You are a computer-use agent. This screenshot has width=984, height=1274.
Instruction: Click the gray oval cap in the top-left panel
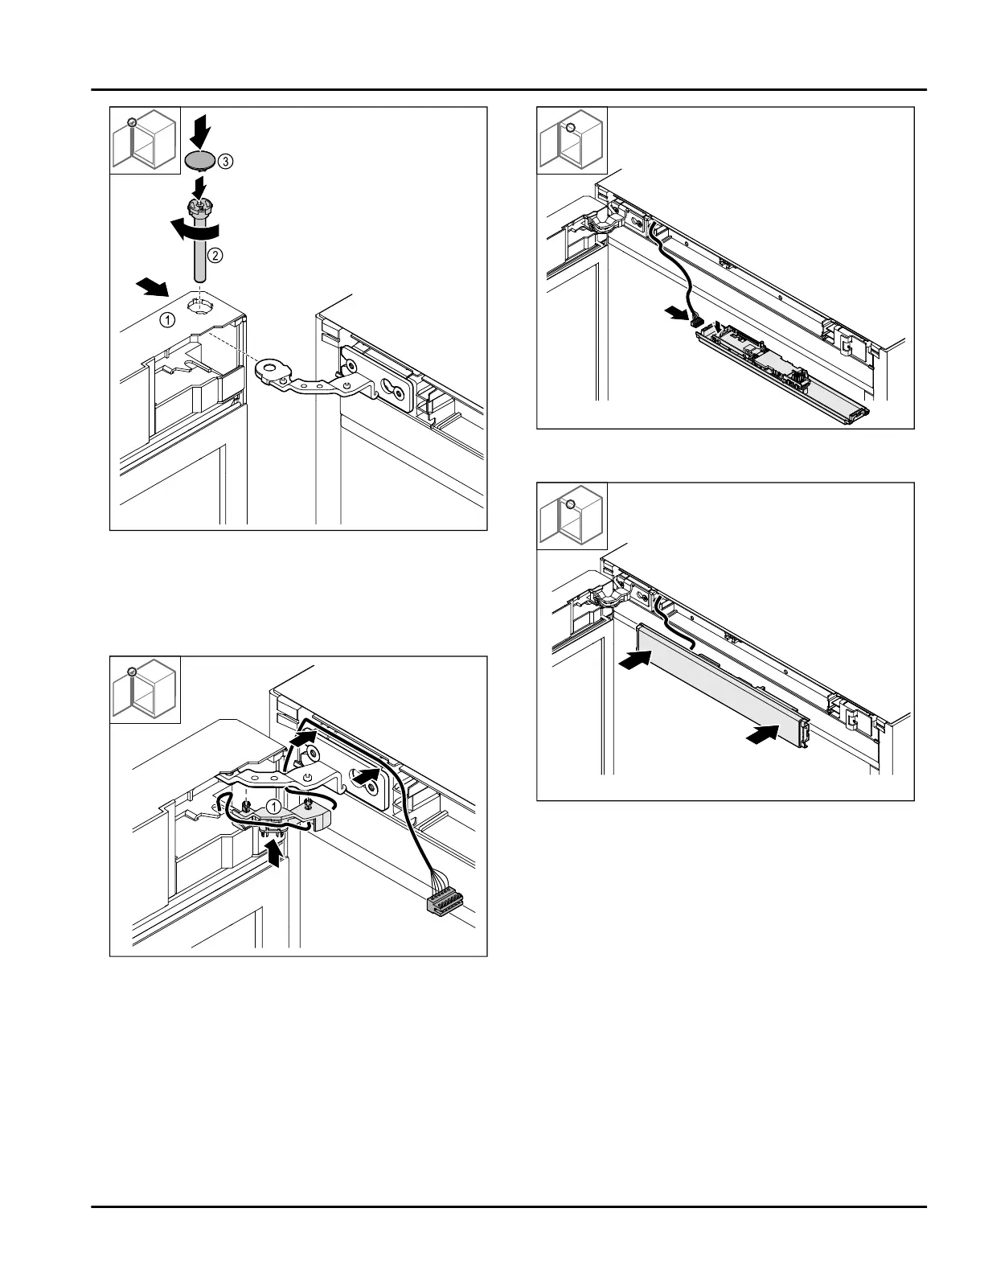(x=200, y=161)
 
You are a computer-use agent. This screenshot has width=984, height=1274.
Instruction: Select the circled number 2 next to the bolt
(x=215, y=256)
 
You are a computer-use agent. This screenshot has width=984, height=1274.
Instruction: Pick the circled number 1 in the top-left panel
(x=166, y=319)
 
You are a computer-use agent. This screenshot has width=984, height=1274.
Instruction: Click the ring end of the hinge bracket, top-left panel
(x=269, y=370)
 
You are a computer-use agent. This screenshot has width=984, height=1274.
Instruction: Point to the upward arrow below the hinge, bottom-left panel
(x=275, y=852)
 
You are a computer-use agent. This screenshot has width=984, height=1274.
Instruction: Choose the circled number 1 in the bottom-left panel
(x=273, y=805)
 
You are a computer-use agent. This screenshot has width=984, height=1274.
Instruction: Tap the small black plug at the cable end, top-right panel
(x=696, y=322)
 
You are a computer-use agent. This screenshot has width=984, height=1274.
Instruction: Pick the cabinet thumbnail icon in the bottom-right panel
(x=572, y=517)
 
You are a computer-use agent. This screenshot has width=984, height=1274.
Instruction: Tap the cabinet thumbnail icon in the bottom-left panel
(x=145, y=691)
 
